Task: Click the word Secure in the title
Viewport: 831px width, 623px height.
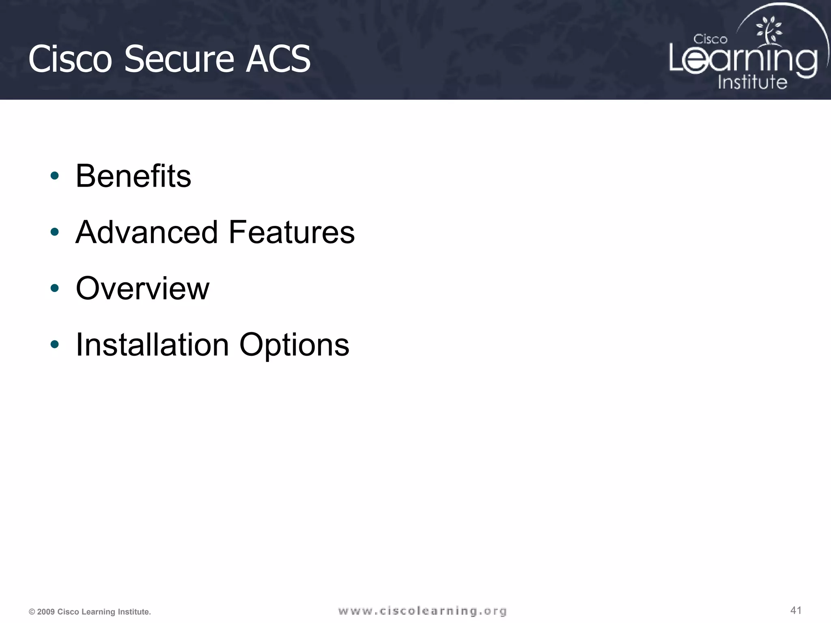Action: (x=179, y=59)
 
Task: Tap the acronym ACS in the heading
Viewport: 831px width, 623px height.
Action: (x=278, y=59)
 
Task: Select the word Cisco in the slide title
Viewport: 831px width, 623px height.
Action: (x=70, y=59)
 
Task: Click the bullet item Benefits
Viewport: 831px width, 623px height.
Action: (x=133, y=176)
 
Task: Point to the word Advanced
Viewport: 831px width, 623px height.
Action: (x=147, y=232)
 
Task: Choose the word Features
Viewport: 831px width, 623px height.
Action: (x=291, y=232)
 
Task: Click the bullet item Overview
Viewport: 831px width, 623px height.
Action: (x=142, y=288)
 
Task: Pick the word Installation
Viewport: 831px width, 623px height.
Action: (x=153, y=345)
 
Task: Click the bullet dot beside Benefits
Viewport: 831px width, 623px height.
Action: (x=54, y=176)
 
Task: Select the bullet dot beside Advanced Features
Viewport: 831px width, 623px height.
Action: (x=54, y=232)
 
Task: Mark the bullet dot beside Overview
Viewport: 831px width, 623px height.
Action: (x=54, y=288)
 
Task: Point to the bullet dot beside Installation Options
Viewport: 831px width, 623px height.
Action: (x=54, y=345)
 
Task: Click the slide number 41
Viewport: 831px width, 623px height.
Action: (x=796, y=610)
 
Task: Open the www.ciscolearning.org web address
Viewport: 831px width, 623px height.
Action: (x=422, y=611)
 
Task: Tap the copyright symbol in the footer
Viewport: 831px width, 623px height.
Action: (x=32, y=612)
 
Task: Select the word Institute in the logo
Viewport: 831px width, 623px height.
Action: (x=752, y=82)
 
